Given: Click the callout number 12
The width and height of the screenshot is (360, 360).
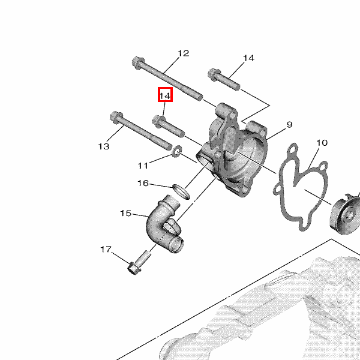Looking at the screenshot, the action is tap(184, 53).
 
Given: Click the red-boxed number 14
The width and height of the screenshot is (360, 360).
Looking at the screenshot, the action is tap(165, 96).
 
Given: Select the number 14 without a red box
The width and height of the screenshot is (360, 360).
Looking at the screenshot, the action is tap(248, 58).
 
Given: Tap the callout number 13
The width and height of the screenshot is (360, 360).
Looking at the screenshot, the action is tap(104, 146).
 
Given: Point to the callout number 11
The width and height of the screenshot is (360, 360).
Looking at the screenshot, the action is tap(143, 166).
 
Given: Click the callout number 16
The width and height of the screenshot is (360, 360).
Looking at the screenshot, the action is tap(143, 183).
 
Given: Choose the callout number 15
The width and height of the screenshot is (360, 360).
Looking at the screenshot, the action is tap(126, 213).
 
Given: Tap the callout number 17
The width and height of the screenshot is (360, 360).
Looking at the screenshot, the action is tap(106, 249).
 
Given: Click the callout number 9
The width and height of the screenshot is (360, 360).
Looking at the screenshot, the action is tap(290, 124).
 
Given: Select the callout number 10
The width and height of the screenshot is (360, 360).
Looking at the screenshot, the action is tap(322, 143).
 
